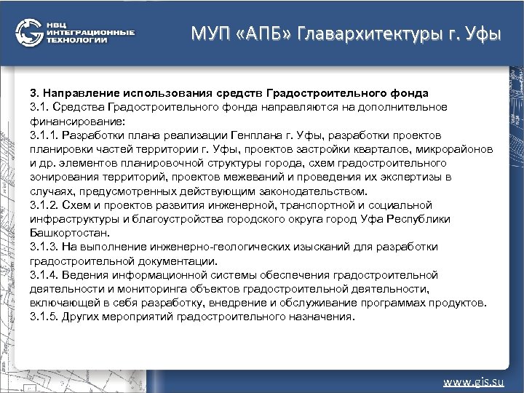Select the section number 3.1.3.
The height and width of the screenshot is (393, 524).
(x=44, y=247)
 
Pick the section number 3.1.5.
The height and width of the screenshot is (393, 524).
(x=44, y=317)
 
